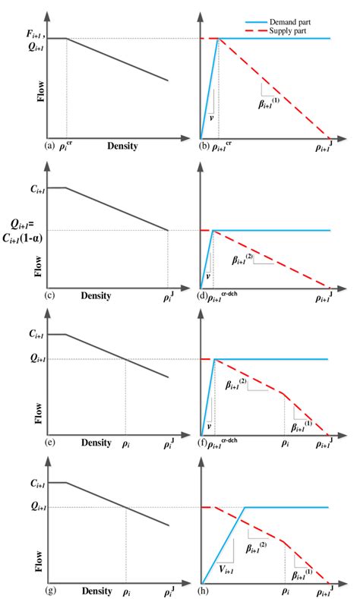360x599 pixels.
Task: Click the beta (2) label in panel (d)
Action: [x=245, y=260]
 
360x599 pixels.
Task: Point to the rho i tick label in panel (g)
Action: [x=127, y=591]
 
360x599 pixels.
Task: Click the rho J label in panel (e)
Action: [x=169, y=442]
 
